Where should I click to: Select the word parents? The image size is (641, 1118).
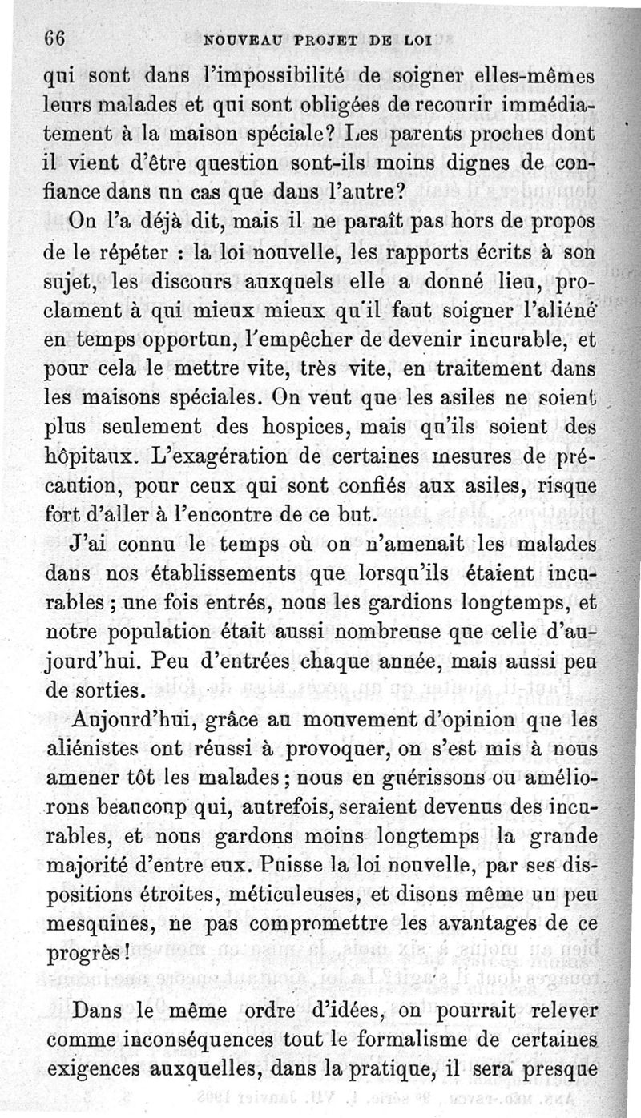[x=424, y=135]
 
